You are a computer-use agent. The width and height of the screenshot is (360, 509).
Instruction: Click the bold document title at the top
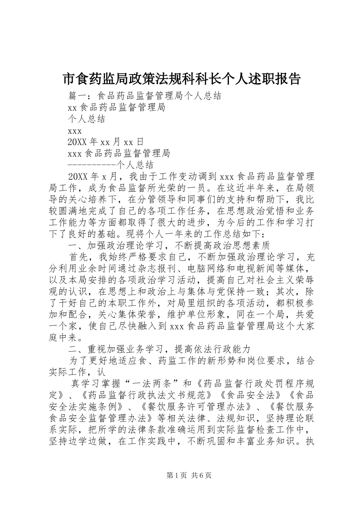[x=181, y=79]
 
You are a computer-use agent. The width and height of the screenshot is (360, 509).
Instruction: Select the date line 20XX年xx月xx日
[x=106, y=142]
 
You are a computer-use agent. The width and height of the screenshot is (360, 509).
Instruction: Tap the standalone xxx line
[x=75, y=131]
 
